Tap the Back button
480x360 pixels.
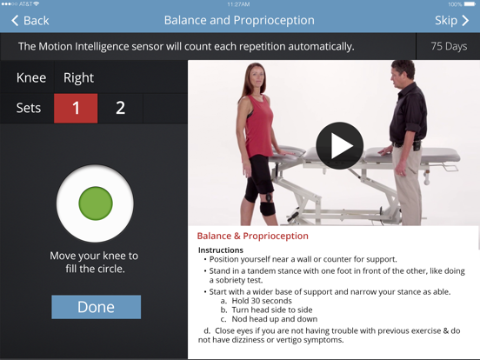click(30, 20)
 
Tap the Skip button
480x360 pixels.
click(450, 20)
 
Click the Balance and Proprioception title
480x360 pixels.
click(239, 20)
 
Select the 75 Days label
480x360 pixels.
click(449, 46)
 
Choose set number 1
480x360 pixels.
click(76, 108)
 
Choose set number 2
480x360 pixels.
click(120, 108)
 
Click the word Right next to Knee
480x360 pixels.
click(78, 77)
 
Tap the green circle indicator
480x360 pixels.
click(96, 203)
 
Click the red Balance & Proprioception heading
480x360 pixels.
click(252, 236)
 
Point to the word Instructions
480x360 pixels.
click(221, 250)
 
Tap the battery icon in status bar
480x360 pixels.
click(469, 4)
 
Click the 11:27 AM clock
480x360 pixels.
click(239, 4)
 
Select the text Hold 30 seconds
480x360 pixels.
click(262, 301)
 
